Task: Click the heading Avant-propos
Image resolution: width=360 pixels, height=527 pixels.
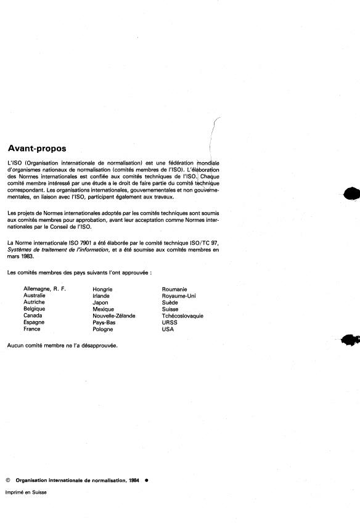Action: [36, 149]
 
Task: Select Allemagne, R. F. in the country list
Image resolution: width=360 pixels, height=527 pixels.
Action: [44, 288]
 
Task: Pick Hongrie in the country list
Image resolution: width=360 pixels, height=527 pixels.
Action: [102, 288]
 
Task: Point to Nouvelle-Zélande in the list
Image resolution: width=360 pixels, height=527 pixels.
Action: [114, 316]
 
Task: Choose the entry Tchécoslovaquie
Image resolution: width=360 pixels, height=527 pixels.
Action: [182, 316]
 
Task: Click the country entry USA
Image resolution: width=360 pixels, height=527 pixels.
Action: [168, 329]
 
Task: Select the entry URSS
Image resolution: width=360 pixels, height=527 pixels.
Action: [169, 322]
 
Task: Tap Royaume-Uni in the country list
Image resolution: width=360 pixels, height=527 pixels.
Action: [179, 295]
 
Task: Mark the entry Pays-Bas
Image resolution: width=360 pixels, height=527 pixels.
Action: [105, 322]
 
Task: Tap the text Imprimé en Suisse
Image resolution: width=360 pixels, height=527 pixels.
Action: [26, 492]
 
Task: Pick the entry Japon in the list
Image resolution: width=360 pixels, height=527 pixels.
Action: [100, 302]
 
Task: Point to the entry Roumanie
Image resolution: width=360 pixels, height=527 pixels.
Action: [174, 288]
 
